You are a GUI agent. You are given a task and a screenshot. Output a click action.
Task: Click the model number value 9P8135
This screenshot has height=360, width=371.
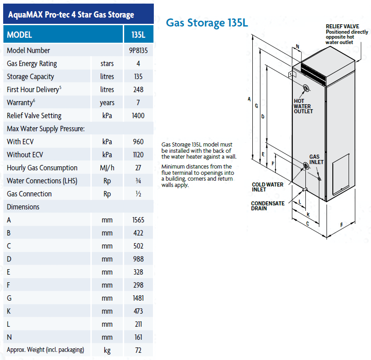click(138, 50)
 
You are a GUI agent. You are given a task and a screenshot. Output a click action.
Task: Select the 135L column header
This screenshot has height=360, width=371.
click(138, 35)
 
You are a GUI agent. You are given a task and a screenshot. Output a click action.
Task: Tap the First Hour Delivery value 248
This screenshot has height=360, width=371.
click(138, 89)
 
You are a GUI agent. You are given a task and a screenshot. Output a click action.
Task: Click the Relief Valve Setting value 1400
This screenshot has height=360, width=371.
click(138, 116)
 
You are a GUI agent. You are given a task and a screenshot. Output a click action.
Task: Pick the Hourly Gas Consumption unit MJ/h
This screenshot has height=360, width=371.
click(107, 168)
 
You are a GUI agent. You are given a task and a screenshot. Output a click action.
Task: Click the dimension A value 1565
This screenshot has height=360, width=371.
click(138, 220)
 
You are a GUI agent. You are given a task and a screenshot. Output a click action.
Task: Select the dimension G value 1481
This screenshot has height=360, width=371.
click(138, 298)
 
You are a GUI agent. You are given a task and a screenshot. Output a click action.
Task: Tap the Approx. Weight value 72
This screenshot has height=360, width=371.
click(138, 350)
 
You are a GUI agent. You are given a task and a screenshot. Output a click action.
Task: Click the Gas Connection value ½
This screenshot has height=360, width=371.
click(138, 194)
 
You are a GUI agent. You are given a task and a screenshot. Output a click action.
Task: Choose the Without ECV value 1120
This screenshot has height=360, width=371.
click(138, 155)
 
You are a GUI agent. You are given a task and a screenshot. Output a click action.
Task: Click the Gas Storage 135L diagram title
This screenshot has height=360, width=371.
click(207, 23)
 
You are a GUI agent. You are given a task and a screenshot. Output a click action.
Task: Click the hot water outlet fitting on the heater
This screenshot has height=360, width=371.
click(306, 88)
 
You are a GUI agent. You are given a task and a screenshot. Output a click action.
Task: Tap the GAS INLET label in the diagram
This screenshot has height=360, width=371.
click(316, 159)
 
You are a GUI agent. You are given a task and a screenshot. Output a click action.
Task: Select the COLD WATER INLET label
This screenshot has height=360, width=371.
click(268, 187)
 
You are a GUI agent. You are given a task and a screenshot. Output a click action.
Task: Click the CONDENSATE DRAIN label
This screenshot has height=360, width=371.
click(268, 206)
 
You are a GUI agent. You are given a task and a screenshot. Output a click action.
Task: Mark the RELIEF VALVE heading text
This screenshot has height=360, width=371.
click(342, 27)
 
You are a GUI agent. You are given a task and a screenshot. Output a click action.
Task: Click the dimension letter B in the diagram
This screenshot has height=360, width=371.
click(341, 224)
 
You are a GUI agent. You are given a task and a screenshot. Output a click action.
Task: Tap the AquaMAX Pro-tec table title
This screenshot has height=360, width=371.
click(71, 15)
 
